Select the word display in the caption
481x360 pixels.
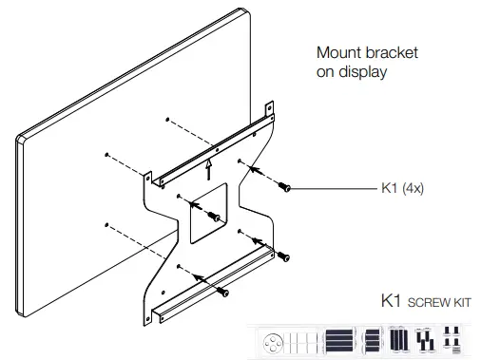tap(362, 72)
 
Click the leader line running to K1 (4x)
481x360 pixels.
tap(333, 189)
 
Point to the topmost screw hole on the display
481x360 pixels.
tap(167, 120)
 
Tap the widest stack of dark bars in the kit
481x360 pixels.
tap(339, 339)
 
